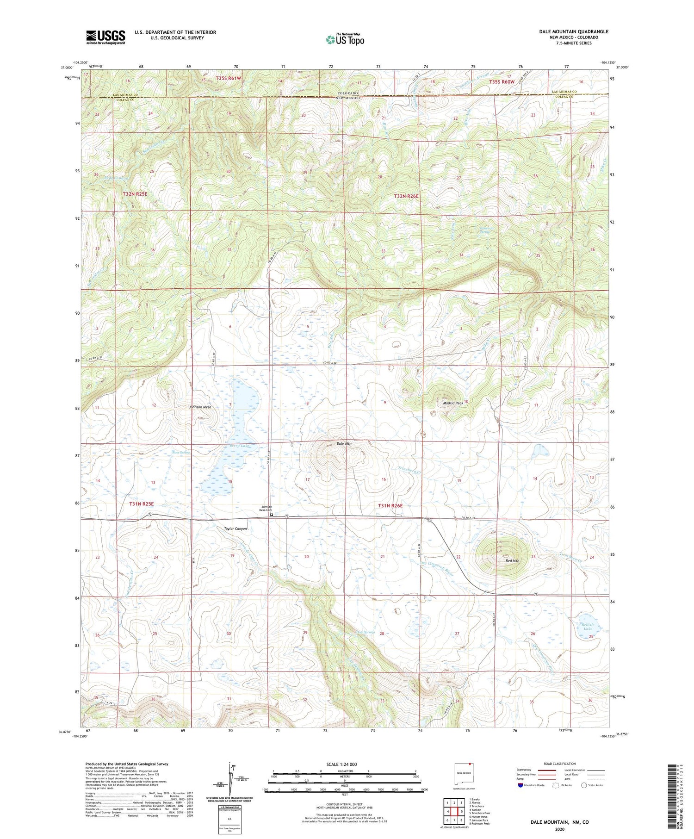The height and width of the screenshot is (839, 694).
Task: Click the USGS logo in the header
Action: click(105, 37)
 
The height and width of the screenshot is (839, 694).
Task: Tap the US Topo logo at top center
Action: click(345, 39)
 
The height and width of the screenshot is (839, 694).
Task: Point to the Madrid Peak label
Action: click(453, 403)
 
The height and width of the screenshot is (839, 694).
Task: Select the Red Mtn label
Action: click(512, 560)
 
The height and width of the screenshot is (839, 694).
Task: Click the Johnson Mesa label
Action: click(200, 407)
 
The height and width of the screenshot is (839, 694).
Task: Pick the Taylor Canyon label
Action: click(235, 528)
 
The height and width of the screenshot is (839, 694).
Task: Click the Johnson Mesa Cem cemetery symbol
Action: click(272, 514)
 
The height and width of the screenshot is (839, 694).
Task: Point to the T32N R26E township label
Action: click(406, 196)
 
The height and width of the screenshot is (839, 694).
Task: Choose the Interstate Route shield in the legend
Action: click(520, 785)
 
